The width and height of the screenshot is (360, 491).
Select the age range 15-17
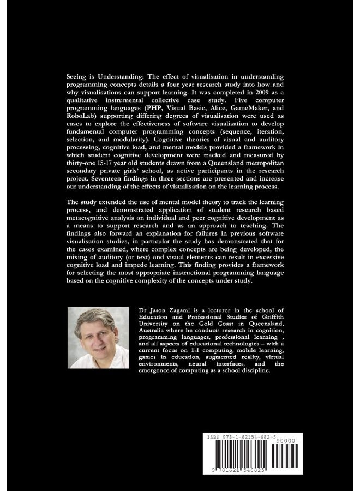tap(119, 163)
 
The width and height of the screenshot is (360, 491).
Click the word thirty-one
tap(86, 163)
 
